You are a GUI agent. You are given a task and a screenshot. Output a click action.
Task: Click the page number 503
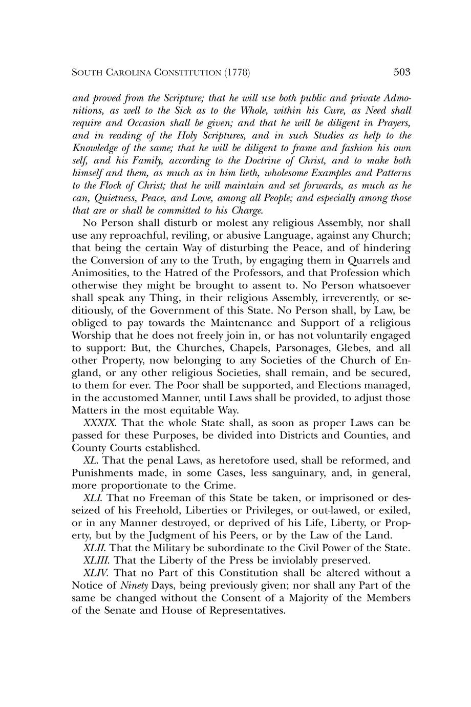point(402,72)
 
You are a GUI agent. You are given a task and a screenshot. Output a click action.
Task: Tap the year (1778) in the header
point(237,73)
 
